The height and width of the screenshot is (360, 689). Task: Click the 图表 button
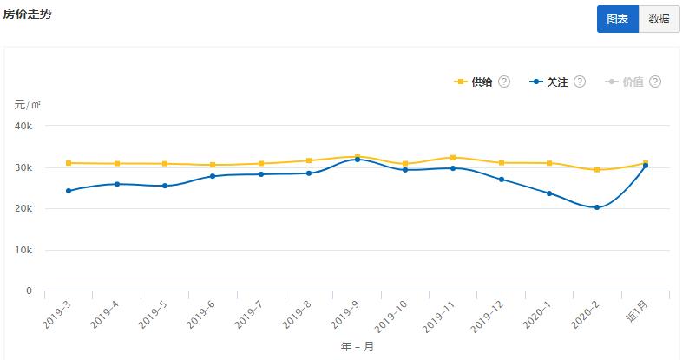pyautogui.click(x=617, y=19)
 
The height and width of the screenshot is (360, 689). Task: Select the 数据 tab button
pyautogui.click(x=659, y=19)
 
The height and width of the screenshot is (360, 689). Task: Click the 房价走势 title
pyautogui.click(x=27, y=14)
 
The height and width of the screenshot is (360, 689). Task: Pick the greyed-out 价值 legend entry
pyautogui.click(x=633, y=82)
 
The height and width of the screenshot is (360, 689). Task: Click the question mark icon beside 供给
pyautogui.click(x=504, y=82)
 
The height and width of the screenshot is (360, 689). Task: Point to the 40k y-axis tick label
pyautogui.click(x=23, y=126)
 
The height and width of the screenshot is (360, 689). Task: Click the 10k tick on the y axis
pyautogui.click(x=23, y=251)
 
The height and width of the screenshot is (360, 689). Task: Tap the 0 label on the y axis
pyautogui.click(x=29, y=291)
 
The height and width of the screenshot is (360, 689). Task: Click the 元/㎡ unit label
pyautogui.click(x=27, y=105)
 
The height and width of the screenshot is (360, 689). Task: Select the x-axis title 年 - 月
pyautogui.click(x=357, y=346)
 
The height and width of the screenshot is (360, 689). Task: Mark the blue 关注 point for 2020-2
pyautogui.click(x=597, y=207)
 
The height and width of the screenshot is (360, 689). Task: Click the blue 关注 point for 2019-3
pyautogui.click(x=68, y=191)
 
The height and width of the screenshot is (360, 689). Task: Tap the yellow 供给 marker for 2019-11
pyautogui.click(x=453, y=157)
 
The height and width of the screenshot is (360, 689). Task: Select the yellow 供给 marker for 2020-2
pyautogui.click(x=597, y=169)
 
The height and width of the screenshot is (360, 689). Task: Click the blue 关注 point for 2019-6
pyautogui.click(x=212, y=176)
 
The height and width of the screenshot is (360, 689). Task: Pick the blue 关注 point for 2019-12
pyautogui.click(x=501, y=180)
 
